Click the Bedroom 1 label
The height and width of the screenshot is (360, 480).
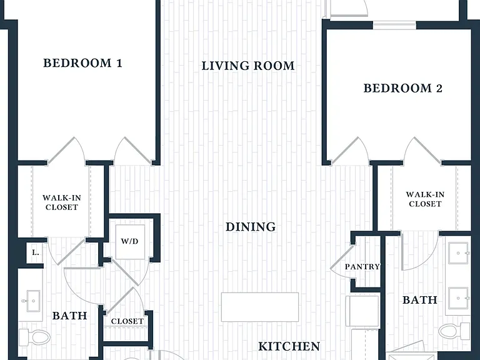pos(82,63)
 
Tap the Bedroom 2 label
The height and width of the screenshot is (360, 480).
pos(403,88)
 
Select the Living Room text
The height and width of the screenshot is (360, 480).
pos(248,66)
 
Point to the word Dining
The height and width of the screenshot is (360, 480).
pos(251,227)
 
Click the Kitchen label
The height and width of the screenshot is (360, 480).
pos(289,346)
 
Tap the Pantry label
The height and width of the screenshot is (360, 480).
pos(362,267)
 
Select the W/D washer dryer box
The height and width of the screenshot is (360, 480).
pos(130,242)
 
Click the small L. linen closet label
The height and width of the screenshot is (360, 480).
pos(36,252)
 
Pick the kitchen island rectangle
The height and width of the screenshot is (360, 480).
pos(260,307)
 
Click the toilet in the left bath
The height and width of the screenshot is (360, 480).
pos(34,337)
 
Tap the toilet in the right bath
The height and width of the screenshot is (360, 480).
pos(454,331)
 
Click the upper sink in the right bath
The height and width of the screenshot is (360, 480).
pos(459,253)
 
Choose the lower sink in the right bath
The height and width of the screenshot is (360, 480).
pos(459,298)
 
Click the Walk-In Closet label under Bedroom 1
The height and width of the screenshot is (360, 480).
pos(61,202)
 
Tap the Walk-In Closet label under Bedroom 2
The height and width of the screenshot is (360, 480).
pos(425,199)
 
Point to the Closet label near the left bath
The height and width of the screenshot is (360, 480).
pos(127,321)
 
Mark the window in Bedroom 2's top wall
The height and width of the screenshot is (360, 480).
pos(394,25)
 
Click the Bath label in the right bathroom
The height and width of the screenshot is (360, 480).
pos(420,300)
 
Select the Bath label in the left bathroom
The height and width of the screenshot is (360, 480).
pos(70,316)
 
